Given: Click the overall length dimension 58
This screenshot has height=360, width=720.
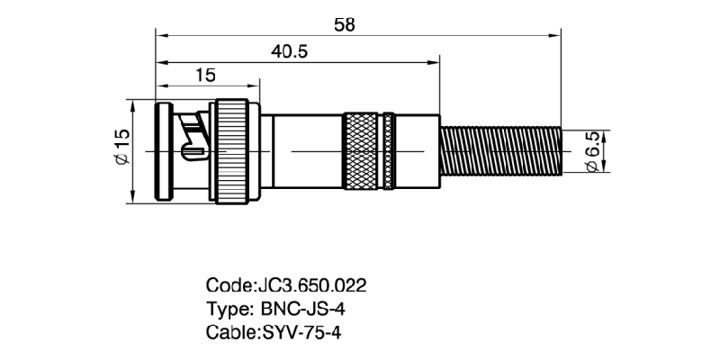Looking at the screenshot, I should pos(344,24).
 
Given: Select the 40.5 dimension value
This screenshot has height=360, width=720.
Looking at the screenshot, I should pos(290,52).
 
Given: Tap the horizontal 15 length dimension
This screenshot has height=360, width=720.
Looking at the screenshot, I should pos(204,76).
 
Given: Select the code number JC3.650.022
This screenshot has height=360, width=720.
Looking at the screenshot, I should pos(312,286).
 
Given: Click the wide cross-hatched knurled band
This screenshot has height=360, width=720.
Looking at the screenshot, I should pos(362,150).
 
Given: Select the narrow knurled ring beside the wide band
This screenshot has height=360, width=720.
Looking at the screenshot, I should pos(388,150).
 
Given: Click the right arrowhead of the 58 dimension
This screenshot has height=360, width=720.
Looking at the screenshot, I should pos(556,36).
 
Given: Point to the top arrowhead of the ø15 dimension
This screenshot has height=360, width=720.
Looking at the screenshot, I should pos(134,105).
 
